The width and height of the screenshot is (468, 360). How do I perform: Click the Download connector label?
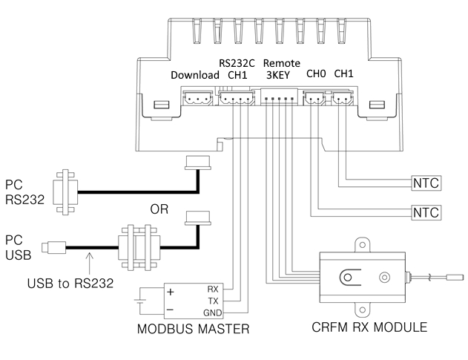pos(195,75)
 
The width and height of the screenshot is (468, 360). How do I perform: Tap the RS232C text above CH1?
pos(237,63)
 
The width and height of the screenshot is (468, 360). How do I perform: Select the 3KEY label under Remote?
pos(278,75)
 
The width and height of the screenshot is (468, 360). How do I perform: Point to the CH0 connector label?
pos(316,73)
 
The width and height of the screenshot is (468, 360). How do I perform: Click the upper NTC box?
pos(426,183)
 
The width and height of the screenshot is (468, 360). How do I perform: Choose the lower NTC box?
pos(426,213)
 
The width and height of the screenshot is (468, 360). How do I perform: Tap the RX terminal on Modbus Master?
pos(213,289)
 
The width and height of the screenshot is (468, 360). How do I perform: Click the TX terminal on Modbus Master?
pos(214,301)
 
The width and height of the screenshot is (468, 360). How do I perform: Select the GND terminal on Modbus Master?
pos(213,312)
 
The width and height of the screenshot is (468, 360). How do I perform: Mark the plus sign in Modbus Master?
pos(170,292)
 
